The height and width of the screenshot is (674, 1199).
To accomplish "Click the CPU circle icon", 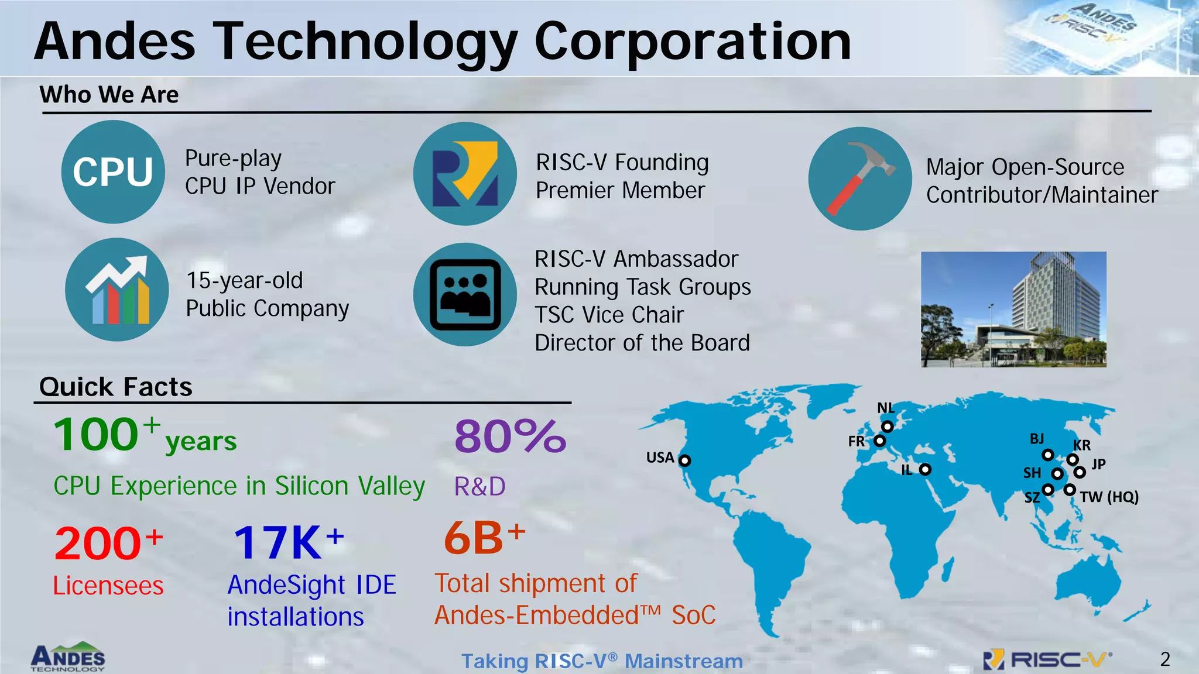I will point(113,172).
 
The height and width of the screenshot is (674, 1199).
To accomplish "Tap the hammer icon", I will point(859,178).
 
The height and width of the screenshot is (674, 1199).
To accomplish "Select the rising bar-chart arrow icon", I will point(117,290).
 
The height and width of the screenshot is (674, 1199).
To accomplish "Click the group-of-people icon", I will point(465,295).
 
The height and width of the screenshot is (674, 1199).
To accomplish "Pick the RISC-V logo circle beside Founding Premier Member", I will point(465,174).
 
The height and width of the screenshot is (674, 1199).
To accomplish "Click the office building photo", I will point(1013,310).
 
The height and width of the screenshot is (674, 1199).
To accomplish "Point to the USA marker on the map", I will point(684,460).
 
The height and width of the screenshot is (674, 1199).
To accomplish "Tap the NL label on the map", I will point(885,408).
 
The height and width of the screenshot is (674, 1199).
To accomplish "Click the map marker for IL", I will point(925,469).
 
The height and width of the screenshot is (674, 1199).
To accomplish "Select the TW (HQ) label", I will point(1109,497).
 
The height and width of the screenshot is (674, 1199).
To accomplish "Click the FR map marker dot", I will point(879,441).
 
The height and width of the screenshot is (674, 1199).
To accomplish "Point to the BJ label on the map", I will point(1037,439).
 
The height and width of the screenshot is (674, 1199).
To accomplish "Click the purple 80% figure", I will point(510,436).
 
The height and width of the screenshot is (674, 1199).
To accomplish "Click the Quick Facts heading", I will point(116,387).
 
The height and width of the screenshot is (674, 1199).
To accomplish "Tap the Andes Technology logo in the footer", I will point(68,658).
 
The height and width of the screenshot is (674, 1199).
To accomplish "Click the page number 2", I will point(1165,659).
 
